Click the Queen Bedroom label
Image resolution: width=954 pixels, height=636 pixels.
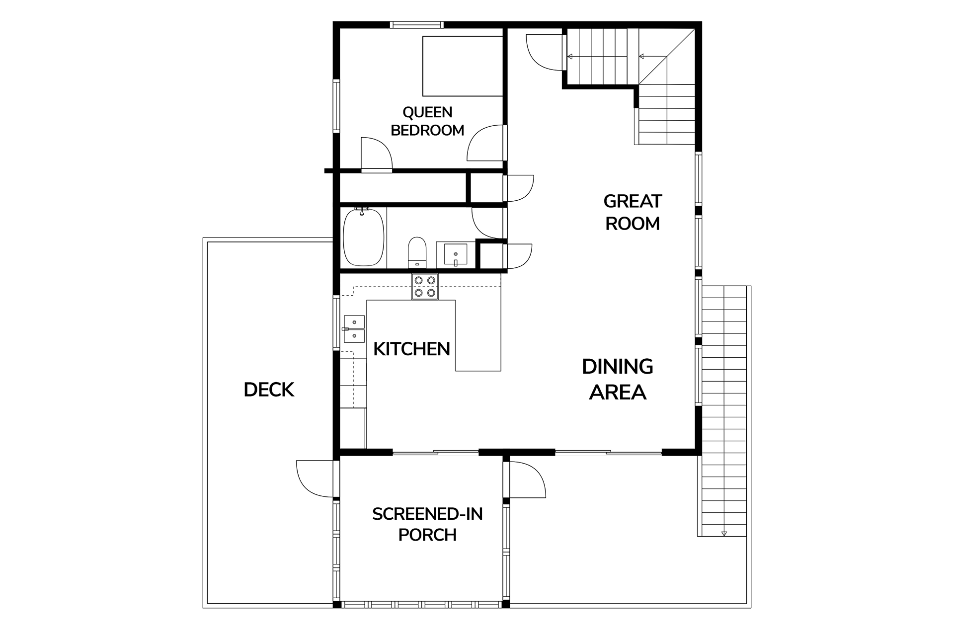pyautogui.click(x=427, y=121)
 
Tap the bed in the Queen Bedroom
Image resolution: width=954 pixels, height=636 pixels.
pyautogui.click(x=463, y=66)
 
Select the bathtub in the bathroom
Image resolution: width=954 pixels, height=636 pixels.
pyautogui.click(x=364, y=237)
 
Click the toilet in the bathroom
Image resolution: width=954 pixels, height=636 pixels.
pyautogui.click(x=417, y=252)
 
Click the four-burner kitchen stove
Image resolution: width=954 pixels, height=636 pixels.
pyautogui.click(x=425, y=287)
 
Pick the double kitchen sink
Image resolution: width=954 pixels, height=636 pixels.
pyautogui.click(x=354, y=329)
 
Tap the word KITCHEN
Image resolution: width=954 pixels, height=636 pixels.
pyautogui.click(x=411, y=349)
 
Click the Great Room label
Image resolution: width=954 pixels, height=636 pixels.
pyautogui.click(x=633, y=212)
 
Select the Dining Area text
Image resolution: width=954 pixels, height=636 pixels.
pyautogui.click(x=618, y=379)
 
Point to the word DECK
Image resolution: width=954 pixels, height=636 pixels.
pyautogui.click(x=269, y=390)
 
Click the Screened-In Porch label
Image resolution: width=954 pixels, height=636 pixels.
pyautogui.click(x=427, y=524)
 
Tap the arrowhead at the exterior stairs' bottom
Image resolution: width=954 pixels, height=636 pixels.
pyautogui.click(x=724, y=534)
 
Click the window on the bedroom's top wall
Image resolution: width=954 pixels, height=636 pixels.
pyautogui.click(x=416, y=25)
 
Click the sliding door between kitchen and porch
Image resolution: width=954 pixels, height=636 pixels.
pyautogui.click(x=436, y=452)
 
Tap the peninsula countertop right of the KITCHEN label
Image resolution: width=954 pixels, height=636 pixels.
pyautogui.click(x=477, y=335)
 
